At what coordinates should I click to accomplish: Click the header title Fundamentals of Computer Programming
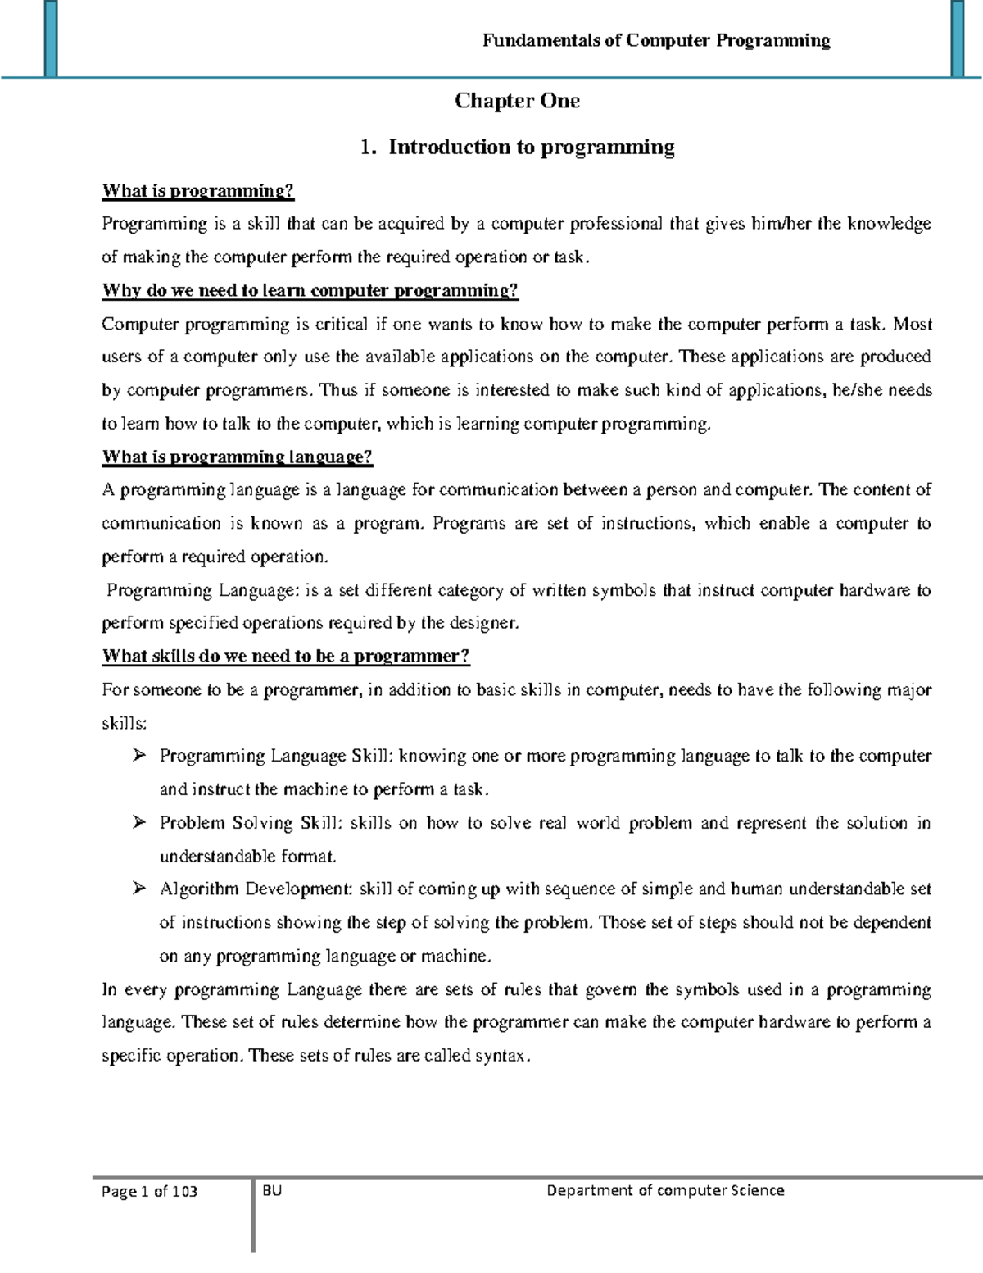656,40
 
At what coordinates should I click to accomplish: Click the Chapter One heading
517,101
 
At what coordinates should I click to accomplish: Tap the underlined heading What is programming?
197,191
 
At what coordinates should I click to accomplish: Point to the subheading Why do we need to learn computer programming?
310,291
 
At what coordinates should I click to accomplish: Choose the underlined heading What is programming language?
237,457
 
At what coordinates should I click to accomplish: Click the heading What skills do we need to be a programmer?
285,657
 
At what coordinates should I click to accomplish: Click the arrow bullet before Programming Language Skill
138,755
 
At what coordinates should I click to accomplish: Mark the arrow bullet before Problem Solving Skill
138,821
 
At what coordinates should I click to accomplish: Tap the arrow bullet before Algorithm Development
138,888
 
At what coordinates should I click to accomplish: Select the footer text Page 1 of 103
149,1192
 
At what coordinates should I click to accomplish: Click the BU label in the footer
273,1190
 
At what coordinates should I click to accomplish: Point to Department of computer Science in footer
665,1190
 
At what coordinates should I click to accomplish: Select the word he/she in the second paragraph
856,390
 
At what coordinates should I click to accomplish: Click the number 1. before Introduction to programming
368,148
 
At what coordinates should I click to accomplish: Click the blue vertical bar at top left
51,39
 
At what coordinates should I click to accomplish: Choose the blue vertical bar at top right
956,39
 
